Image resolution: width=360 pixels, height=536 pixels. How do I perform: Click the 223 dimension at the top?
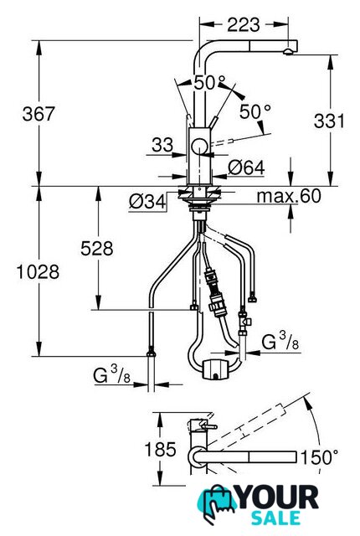pyautogui.click(x=244, y=24)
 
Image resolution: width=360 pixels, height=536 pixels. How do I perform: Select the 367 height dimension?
pyautogui.click(x=39, y=114)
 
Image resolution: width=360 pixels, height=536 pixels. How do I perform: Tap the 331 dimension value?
pyautogui.click(x=329, y=121)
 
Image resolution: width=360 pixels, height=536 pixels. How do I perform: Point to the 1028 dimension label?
pyautogui.click(x=38, y=272)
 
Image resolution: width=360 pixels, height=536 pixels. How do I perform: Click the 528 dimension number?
pyautogui.click(x=97, y=249)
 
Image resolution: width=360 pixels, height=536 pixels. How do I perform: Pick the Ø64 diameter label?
pyautogui.click(x=247, y=167)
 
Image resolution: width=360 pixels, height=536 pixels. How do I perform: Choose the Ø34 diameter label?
pyautogui.click(x=147, y=202)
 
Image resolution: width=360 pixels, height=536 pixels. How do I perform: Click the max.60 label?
pyautogui.click(x=289, y=196)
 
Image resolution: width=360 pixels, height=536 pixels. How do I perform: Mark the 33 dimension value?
pyautogui.click(x=162, y=145)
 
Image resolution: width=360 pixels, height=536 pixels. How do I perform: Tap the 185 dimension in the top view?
pyautogui.click(x=160, y=449)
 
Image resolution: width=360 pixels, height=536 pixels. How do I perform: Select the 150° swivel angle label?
pyautogui.click(x=319, y=457)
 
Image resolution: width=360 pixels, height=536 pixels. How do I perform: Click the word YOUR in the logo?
pyautogui.click(x=278, y=497)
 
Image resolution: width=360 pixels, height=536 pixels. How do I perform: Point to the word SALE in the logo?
pyautogui.click(x=276, y=518)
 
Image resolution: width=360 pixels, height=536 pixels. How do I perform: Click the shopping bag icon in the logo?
pyautogui.click(x=216, y=502)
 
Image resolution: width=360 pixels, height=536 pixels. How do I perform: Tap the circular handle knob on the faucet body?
pyautogui.click(x=199, y=147)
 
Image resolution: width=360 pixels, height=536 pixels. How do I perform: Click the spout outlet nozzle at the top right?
pyautogui.click(x=288, y=52)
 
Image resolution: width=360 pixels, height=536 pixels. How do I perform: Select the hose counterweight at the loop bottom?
pyautogui.click(x=215, y=369)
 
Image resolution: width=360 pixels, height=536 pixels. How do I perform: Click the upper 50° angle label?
pyautogui.click(x=209, y=83)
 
